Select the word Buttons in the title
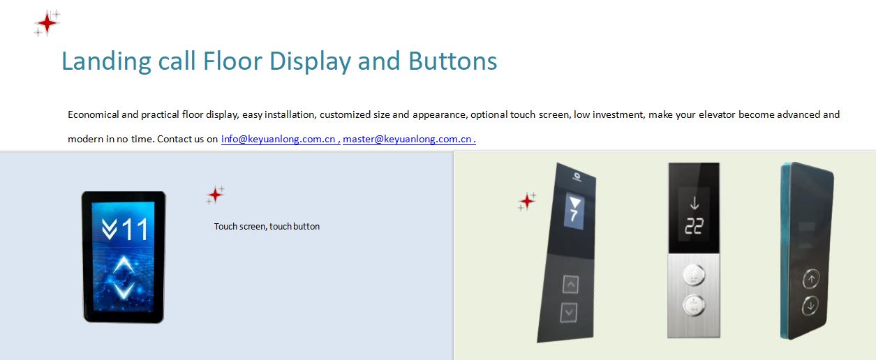pyautogui.click(x=452, y=61)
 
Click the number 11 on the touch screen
pyautogui.click(x=135, y=230)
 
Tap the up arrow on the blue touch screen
pyautogui.click(x=124, y=265)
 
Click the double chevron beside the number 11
pyautogui.click(x=109, y=230)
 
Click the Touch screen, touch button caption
pyautogui.click(x=267, y=226)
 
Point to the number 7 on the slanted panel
pyautogui.click(x=574, y=216)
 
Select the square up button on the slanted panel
pyautogui.click(x=570, y=284)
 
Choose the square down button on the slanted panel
pyautogui.click(x=569, y=313)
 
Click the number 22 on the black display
pyautogui.click(x=694, y=226)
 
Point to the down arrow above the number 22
pyautogui.click(x=695, y=203)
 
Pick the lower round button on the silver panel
pyautogui.click(x=694, y=304)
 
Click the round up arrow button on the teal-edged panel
pyautogui.click(x=812, y=279)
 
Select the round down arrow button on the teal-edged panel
pyautogui.click(x=810, y=306)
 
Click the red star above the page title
pyautogui.click(x=47, y=24)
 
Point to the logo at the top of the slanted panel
pyautogui.click(x=577, y=177)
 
